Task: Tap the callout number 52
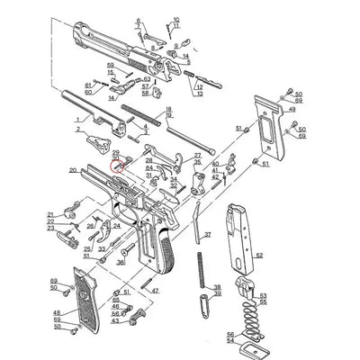pyautogui.click(x=259, y=256)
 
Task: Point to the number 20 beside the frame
pyautogui.click(x=72, y=169)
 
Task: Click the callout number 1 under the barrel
pyautogui.click(x=77, y=118)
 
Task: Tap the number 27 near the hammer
pyautogui.click(x=197, y=156)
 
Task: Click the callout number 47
pyautogui.click(x=156, y=291)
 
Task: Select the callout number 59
pyautogui.click(x=110, y=66)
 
